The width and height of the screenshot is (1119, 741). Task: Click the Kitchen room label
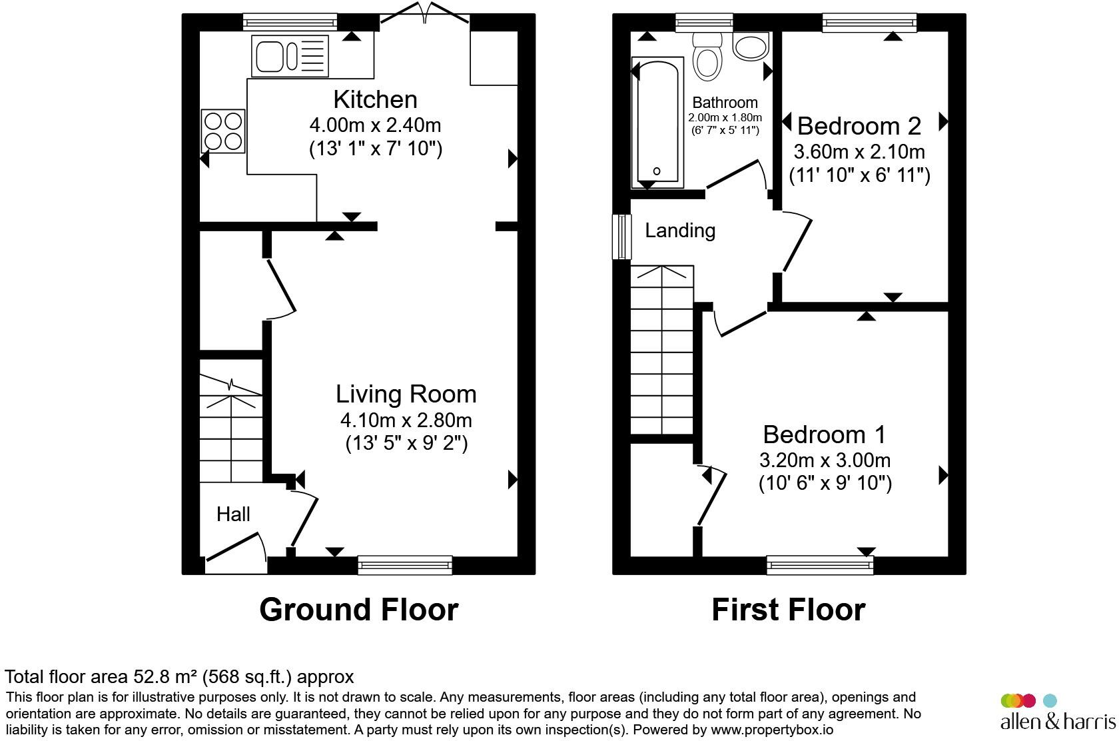[375, 99]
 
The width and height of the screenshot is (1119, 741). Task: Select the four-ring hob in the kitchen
[223, 131]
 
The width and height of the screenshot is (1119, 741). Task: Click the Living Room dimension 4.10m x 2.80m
[406, 420]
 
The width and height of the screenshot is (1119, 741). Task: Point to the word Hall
[233, 514]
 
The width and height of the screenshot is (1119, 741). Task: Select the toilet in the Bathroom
[707, 56]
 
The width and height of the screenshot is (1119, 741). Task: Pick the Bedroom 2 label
[859, 125]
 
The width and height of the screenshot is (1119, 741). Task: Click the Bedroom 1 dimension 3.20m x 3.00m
[825, 460]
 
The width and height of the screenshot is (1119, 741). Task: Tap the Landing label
[680, 231]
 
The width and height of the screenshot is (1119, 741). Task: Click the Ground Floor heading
[358, 609]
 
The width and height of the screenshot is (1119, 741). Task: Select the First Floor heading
[788, 609]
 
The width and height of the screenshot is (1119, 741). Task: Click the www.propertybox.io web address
[771, 730]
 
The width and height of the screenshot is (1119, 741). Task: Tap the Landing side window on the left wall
[622, 237]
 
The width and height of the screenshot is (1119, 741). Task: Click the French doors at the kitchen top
[425, 15]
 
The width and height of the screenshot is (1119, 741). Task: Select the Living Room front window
[405, 565]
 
